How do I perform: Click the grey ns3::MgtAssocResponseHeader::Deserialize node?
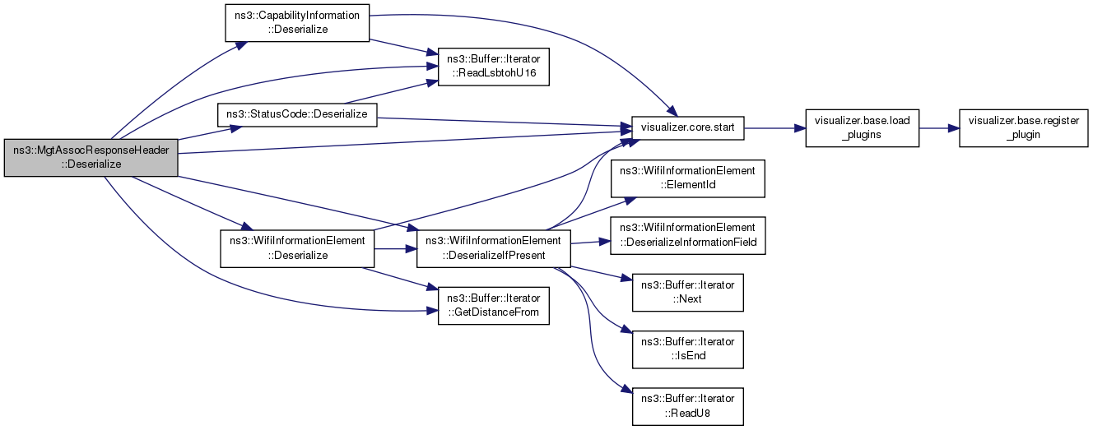click(x=91, y=157)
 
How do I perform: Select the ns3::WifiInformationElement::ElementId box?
click(x=687, y=179)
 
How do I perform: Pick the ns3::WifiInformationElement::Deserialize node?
click(x=296, y=247)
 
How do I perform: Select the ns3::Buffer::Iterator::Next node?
click(x=687, y=292)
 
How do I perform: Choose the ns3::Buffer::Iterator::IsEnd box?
click(x=687, y=349)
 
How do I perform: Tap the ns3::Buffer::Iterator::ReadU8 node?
click(x=687, y=405)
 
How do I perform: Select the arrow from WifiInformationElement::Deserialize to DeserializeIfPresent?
click(x=395, y=247)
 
